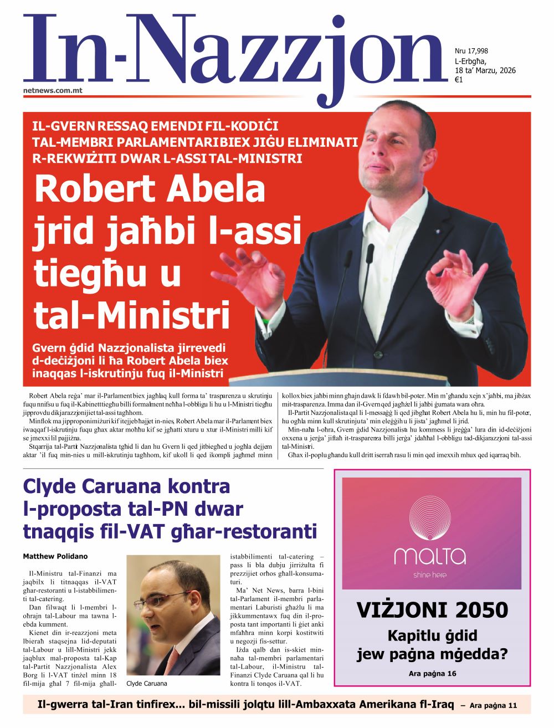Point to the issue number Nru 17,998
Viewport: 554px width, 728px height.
[x=471, y=51]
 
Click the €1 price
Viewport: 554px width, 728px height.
[x=459, y=80]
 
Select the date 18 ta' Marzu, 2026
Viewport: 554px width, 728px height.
[x=485, y=70]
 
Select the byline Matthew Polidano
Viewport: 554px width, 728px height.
[x=55, y=556]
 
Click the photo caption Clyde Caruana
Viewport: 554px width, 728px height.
[x=147, y=684]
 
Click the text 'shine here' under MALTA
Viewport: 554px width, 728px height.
[x=430, y=575]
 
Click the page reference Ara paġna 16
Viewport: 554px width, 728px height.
[x=432, y=674]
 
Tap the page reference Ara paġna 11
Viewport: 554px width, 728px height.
[x=493, y=706]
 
